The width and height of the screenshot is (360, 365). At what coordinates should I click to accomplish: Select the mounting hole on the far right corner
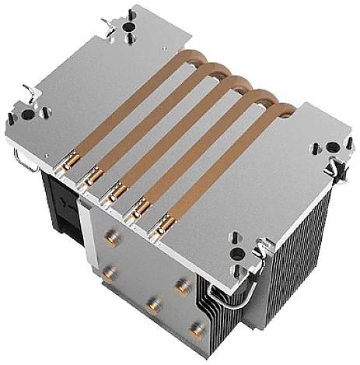click(335, 146)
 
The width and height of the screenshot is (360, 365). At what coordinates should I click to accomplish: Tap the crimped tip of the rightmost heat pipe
click(164, 226)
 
